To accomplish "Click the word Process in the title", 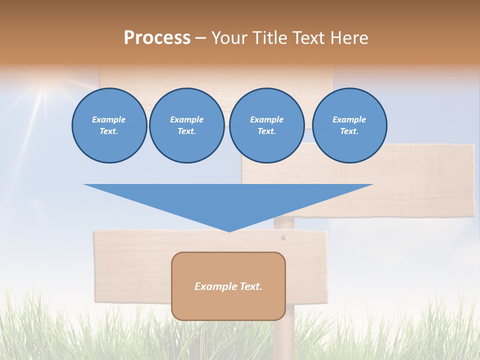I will click(x=157, y=38).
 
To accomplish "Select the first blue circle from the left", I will click(x=109, y=125).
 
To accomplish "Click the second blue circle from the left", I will click(x=186, y=125).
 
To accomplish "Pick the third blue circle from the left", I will click(x=266, y=125).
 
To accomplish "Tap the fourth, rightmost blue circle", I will click(x=349, y=125).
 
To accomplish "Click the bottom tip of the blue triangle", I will click(x=229, y=230).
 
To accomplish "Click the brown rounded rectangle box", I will click(x=228, y=305).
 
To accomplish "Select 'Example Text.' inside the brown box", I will click(x=228, y=286).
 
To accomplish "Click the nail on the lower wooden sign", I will click(x=283, y=237).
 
